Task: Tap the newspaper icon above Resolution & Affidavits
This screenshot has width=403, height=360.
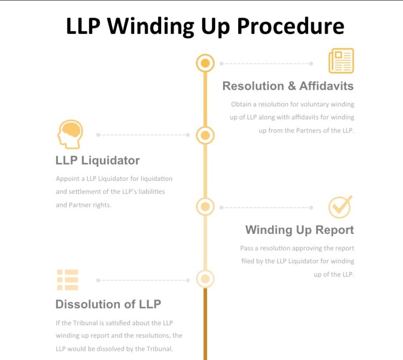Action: tap(341, 61)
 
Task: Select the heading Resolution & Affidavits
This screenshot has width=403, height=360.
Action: tap(288, 86)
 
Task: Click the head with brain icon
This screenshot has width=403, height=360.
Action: tap(70, 134)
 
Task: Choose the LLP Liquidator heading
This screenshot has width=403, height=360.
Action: tap(97, 160)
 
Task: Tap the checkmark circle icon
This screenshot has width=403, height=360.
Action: tap(340, 207)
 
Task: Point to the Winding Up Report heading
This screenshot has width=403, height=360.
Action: tap(299, 230)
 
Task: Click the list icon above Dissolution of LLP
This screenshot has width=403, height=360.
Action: tap(67, 280)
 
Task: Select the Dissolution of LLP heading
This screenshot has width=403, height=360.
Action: tap(108, 304)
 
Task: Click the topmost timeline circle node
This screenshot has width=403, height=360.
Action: tap(205, 64)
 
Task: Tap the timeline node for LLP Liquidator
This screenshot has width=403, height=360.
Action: tap(205, 135)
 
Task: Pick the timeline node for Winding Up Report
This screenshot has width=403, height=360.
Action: tap(205, 207)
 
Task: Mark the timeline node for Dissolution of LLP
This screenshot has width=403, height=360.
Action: tap(205, 279)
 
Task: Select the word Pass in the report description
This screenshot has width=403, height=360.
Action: tap(246, 248)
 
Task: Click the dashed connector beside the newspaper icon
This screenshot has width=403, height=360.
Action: tap(265, 64)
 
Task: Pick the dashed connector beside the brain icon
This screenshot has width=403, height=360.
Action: tap(143, 135)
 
